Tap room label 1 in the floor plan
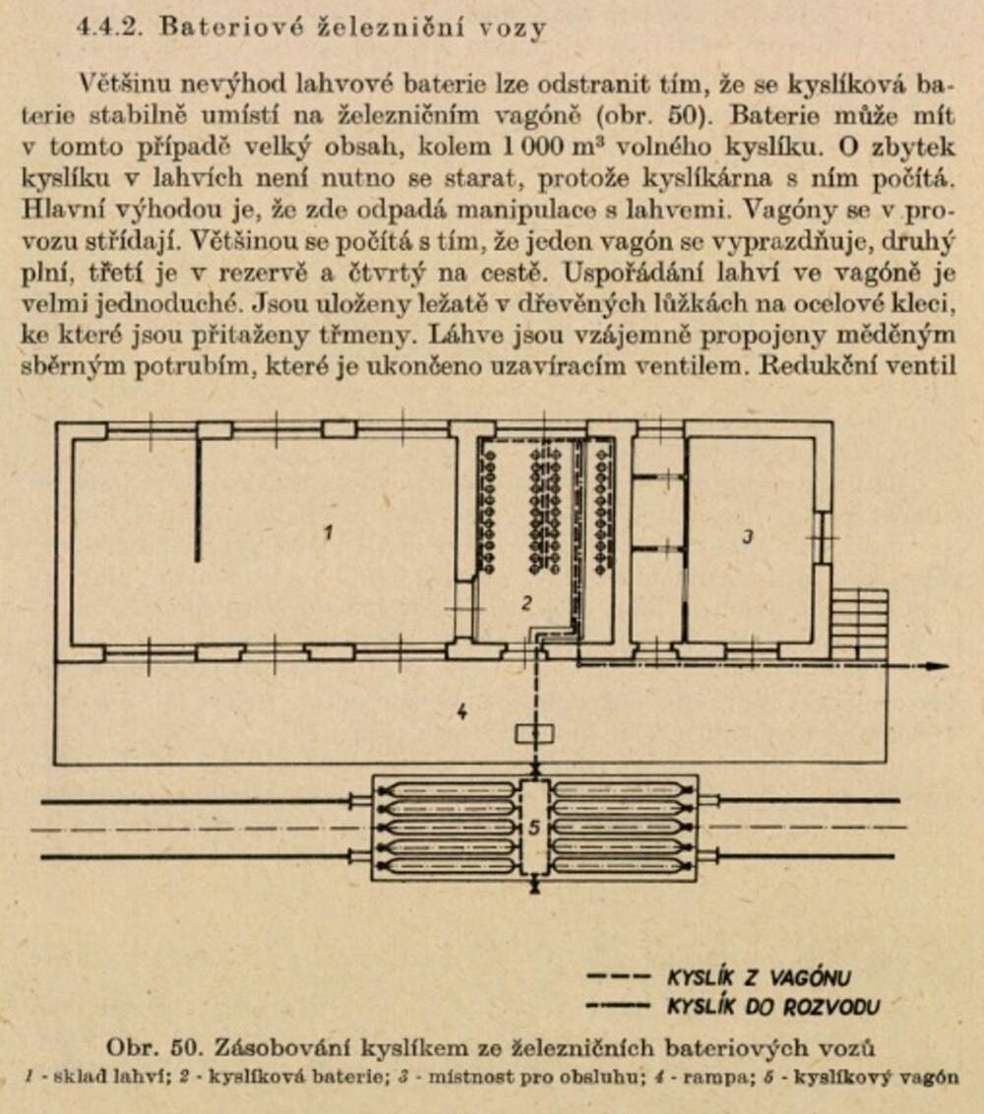[329, 532]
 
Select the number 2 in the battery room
[527, 603]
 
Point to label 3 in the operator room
[747, 536]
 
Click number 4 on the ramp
[461, 712]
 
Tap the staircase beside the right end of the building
[859, 624]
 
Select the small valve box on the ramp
[534, 734]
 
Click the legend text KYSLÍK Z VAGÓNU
[758, 977]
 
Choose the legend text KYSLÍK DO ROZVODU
[772, 1006]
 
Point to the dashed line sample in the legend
[618, 977]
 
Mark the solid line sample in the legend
[618, 1006]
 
